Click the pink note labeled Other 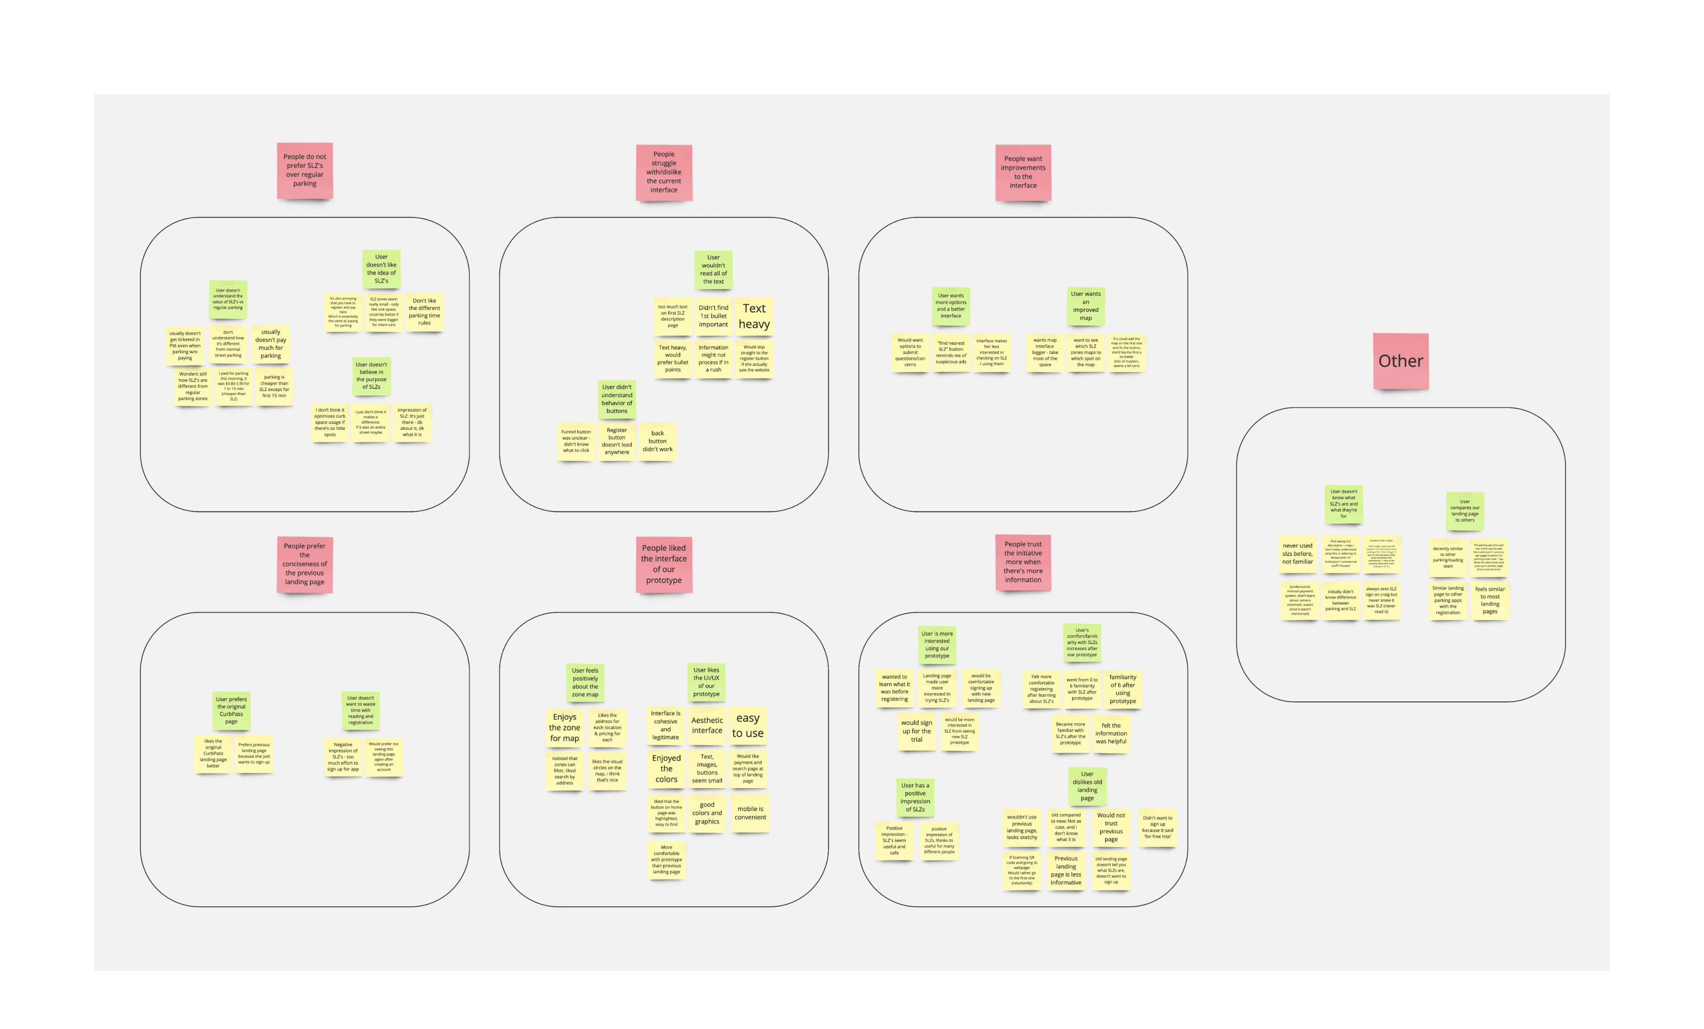(x=1401, y=361)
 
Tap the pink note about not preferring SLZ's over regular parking (x=304, y=170)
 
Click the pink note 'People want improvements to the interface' (x=1023, y=172)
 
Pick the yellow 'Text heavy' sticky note (x=754, y=316)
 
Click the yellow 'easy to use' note (x=747, y=726)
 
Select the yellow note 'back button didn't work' (x=657, y=441)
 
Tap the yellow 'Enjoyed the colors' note (x=666, y=768)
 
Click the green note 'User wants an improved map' (x=1086, y=306)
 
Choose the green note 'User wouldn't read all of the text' (x=713, y=269)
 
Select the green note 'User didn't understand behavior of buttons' (x=617, y=399)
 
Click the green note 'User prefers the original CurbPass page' (x=231, y=710)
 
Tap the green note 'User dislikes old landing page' (x=1087, y=786)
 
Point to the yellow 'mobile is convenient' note (x=750, y=813)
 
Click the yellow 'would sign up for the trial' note (x=916, y=731)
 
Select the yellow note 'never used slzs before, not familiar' (x=1297, y=553)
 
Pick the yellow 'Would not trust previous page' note (x=1111, y=827)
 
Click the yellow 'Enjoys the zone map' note (x=565, y=727)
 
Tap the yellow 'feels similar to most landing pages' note (x=1490, y=600)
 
